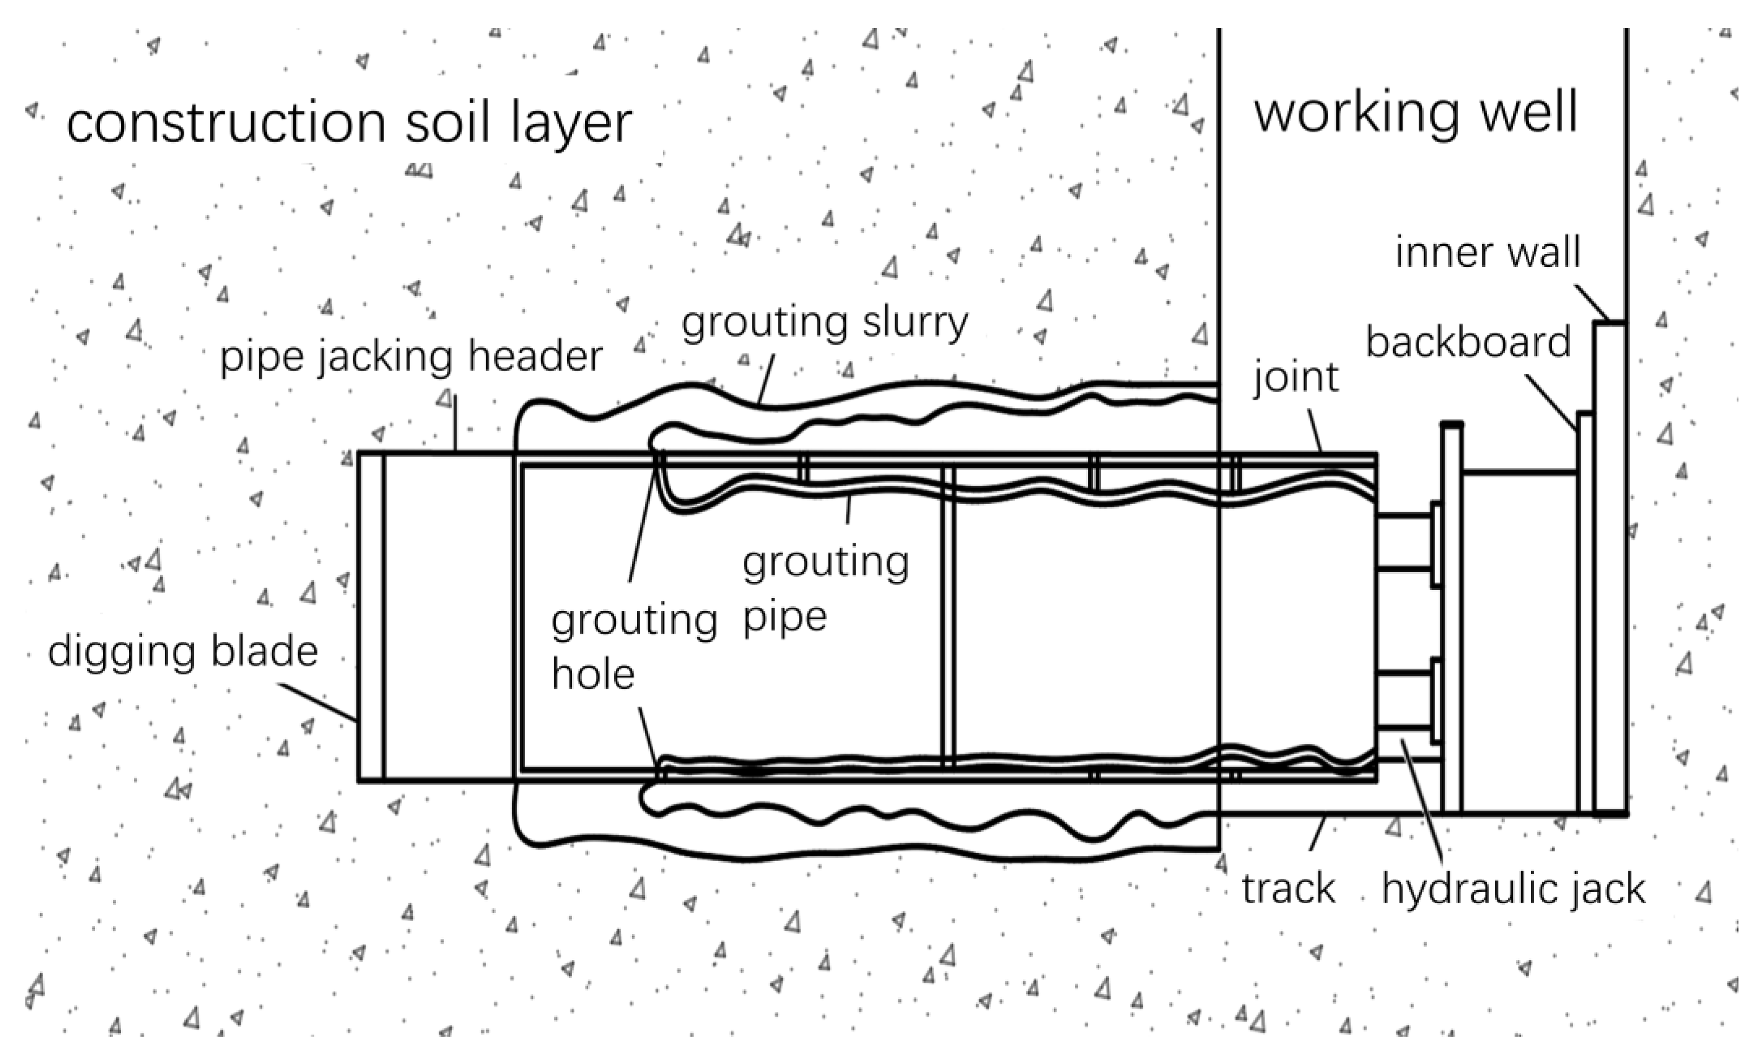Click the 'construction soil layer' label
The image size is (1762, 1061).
click(x=349, y=123)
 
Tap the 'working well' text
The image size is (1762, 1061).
click(x=1415, y=113)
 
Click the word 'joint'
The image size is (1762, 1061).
click(x=1295, y=378)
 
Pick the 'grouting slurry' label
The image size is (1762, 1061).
click(x=824, y=323)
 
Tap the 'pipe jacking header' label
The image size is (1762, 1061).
click(x=411, y=357)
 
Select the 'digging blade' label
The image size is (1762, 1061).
click(x=183, y=652)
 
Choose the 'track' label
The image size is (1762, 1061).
click(x=1288, y=889)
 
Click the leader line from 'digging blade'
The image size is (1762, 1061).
click(x=319, y=702)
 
